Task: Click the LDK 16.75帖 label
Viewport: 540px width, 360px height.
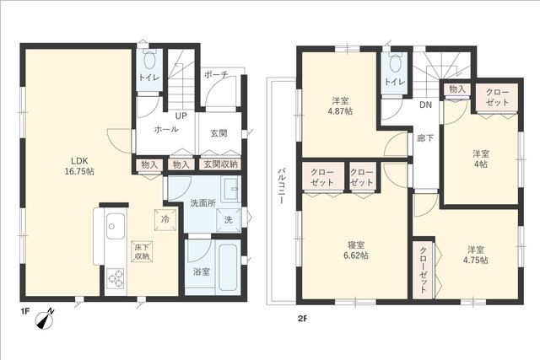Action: pyautogui.click(x=79, y=166)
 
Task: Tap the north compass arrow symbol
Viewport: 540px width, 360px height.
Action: pyautogui.click(x=45, y=319)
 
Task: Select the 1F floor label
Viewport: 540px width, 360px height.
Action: pyautogui.click(x=24, y=312)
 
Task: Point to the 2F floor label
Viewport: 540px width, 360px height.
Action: pyautogui.click(x=302, y=319)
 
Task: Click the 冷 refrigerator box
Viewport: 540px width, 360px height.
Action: pyautogui.click(x=165, y=219)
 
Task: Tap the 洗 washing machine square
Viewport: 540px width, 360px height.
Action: pyautogui.click(x=228, y=220)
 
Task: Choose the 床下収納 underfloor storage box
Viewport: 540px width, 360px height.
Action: pyautogui.click(x=142, y=251)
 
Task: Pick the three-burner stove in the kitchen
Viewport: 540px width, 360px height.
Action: pyautogui.click(x=116, y=278)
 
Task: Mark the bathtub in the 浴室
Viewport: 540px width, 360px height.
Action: pyautogui.click(x=229, y=267)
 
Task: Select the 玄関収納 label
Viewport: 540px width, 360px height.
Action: pyautogui.click(x=220, y=164)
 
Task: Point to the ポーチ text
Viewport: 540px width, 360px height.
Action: pyautogui.click(x=216, y=74)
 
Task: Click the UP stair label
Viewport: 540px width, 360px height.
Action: pyautogui.click(x=181, y=116)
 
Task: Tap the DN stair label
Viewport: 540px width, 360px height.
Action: pyautogui.click(x=425, y=105)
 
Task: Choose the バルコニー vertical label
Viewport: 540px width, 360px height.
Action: pyautogui.click(x=281, y=186)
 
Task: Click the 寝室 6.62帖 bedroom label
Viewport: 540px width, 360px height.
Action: pyautogui.click(x=356, y=250)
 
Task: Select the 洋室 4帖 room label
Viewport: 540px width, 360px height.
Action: pyautogui.click(x=480, y=159)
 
